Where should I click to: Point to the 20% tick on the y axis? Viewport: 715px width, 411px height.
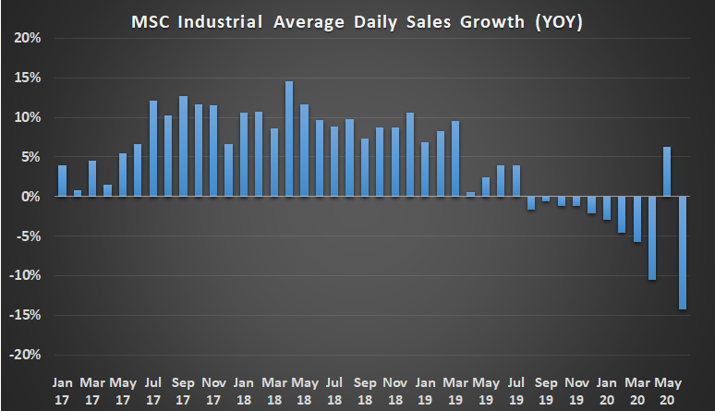pos(29,39)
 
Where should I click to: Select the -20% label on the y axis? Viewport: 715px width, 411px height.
pos(27,356)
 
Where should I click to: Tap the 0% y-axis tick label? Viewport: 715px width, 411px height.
pos(31,197)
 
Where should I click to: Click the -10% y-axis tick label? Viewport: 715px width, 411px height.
pos(27,276)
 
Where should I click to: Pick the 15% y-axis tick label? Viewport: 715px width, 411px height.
pos(29,79)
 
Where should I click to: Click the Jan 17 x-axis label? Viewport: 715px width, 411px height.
pos(62,389)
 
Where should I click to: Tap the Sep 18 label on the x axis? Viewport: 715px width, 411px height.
pos(364,389)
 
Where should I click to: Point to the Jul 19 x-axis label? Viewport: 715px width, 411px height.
pos(515,389)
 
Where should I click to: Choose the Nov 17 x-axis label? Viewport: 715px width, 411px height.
pos(212,389)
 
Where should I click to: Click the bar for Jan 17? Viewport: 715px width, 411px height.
pos(62,181)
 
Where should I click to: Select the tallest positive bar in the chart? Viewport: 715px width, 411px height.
pos(288,139)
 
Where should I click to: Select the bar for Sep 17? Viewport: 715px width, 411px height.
pos(183,147)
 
